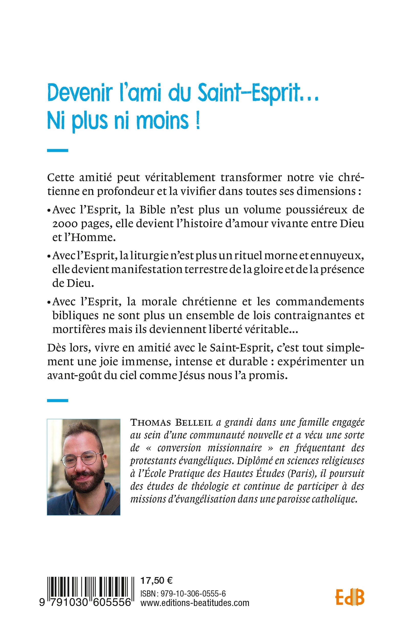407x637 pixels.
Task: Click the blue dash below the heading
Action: (57, 151)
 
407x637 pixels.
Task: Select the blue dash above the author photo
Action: (57, 401)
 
